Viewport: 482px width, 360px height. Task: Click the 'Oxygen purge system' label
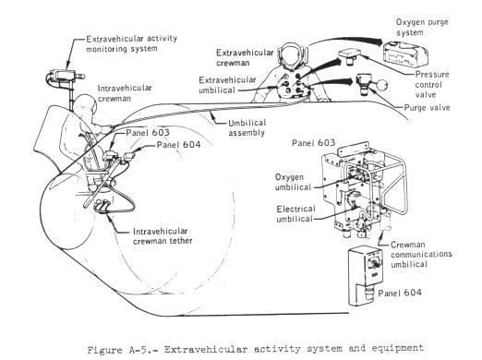coord(422,27)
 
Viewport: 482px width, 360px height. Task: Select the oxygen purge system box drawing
coord(405,54)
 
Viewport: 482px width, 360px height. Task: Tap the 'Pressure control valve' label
coord(432,84)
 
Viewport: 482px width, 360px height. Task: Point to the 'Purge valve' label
coord(427,107)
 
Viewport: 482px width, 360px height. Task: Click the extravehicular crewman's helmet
coord(291,56)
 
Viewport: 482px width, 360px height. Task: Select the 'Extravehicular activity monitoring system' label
coord(131,43)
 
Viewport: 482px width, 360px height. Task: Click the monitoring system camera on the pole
coord(66,76)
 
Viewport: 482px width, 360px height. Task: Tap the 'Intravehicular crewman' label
coord(125,93)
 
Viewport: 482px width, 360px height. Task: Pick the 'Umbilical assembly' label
coord(247,127)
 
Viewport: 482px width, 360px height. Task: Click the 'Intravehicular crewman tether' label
coord(163,236)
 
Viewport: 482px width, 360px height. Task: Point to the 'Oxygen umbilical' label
coord(293,182)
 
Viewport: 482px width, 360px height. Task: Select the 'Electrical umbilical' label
coord(295,214)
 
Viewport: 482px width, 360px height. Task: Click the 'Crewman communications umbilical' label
coord(421,254)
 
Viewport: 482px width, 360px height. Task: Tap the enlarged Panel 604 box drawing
coord(365,276)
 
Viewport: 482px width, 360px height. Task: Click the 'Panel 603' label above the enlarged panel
coord(313,143)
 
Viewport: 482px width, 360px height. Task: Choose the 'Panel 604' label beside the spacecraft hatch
coord(178,145)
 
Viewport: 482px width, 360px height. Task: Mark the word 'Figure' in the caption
coord(104,350)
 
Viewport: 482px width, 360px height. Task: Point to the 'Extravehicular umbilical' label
coord(227,85)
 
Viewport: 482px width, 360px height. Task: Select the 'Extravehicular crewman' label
coord(245,57)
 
